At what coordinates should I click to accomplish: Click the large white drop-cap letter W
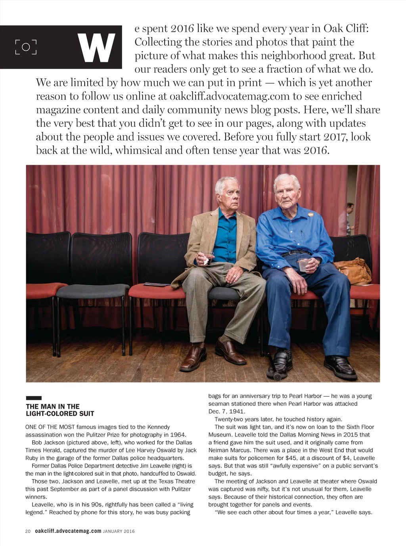point(96,48)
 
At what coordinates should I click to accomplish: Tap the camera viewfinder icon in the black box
point(26,47)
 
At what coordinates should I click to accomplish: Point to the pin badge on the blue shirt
point(310,214)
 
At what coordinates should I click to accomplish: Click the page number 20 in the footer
point(28,531)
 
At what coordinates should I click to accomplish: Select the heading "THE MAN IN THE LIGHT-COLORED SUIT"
point(60,410)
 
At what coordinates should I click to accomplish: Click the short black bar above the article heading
point(34,398)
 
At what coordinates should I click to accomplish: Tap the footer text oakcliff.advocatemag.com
point(68,531)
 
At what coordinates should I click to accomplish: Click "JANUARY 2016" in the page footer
point(119,531)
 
